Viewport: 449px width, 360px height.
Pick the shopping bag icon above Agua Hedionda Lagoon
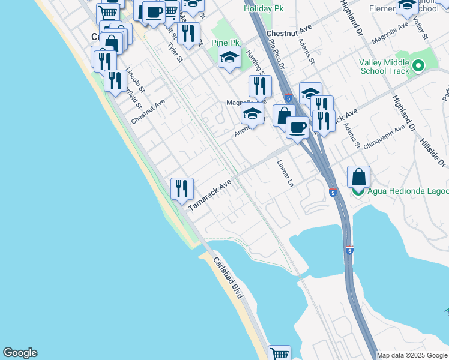[x=358, y=177]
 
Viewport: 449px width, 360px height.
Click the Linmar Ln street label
[x=287, y=173]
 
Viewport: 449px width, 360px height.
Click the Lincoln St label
[x=136, y=81]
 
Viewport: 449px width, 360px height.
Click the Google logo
[x=20, y=353]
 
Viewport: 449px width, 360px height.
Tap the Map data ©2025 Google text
[x=412, y=355]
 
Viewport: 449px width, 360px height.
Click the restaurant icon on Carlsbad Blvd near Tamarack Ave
[x=182, y=188]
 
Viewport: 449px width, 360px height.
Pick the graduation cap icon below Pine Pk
[x=229, y=57]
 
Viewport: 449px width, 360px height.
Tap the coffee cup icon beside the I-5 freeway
[x=298, y=127]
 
